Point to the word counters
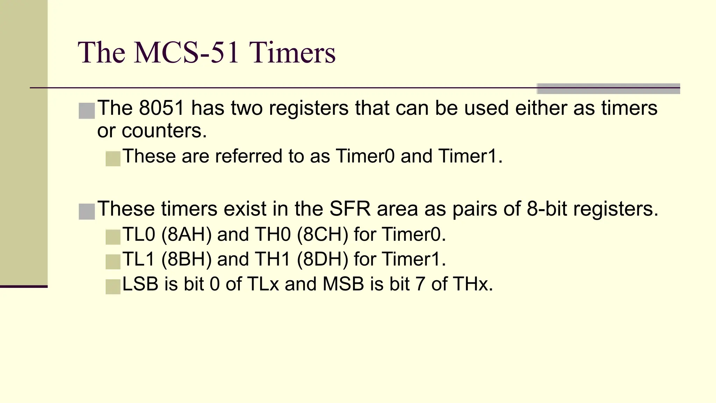(x=164, y=131)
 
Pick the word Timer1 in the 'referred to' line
(x=470, y=156)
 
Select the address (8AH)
(x=186, y=234)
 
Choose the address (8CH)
(x=322, y=234)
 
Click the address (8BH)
(x=186, y=259)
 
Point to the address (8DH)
(x=322, y=259)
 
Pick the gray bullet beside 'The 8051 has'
(x=87, y=111)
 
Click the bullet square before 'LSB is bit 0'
(x=113, y=287)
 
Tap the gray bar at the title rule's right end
(x=608, y=89)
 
